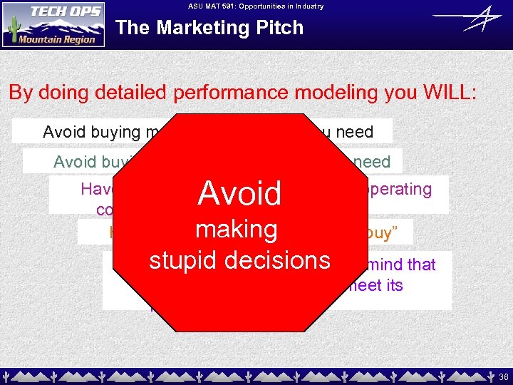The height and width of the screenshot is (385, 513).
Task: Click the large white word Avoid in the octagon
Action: (x=239, y=193)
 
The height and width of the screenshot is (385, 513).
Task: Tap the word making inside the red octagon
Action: (x=236, y=229)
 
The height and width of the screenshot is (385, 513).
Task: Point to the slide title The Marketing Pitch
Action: (x=209, y=28)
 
